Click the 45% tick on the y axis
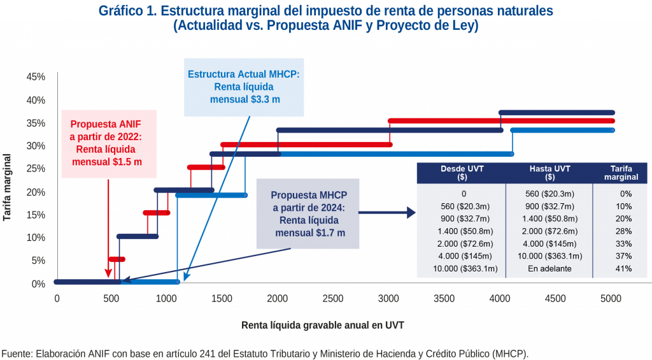click(x=36, y=77)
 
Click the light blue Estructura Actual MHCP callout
click(x=244, y=87)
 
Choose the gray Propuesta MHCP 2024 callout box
click(x=308, y=213)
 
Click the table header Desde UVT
click(x=461, y=173)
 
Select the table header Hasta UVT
click(x=549, y=173)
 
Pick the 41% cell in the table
click(x=623, y=268)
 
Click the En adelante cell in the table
click(x=549, y=268)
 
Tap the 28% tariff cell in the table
click(x=623, y=231)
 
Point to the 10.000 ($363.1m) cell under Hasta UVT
click(x=549, y=256)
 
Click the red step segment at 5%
click(x=117, y=259)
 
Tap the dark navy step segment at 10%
click(x=138, y=236)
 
